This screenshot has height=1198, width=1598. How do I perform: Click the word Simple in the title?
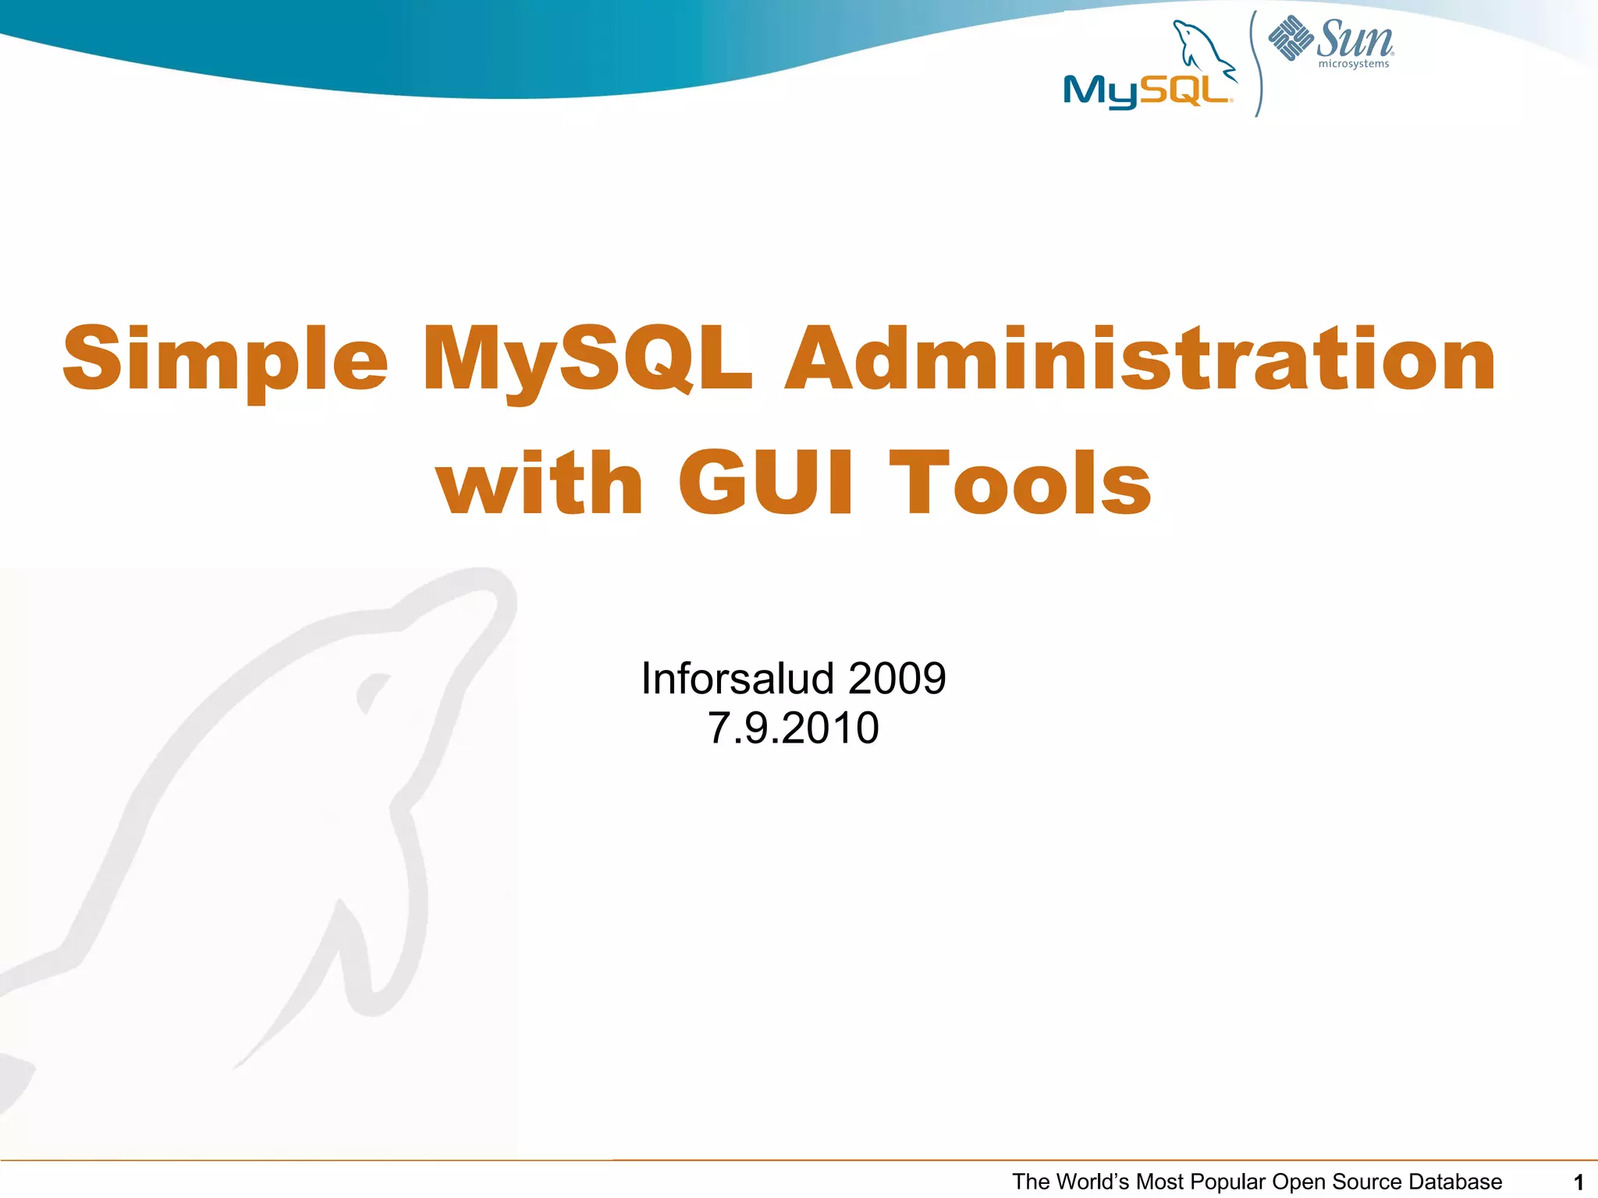(225, 360)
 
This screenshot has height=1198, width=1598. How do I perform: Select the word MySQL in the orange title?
(587, 360)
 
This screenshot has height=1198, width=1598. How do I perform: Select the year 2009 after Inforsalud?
(897, 678)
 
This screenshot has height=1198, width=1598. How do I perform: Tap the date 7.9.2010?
(793, 728)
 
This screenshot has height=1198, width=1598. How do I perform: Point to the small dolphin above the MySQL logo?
(1202, 48)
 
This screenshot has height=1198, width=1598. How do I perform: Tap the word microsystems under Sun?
(1354, 64)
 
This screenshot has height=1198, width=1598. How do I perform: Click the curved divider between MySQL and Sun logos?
(1256, 62)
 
